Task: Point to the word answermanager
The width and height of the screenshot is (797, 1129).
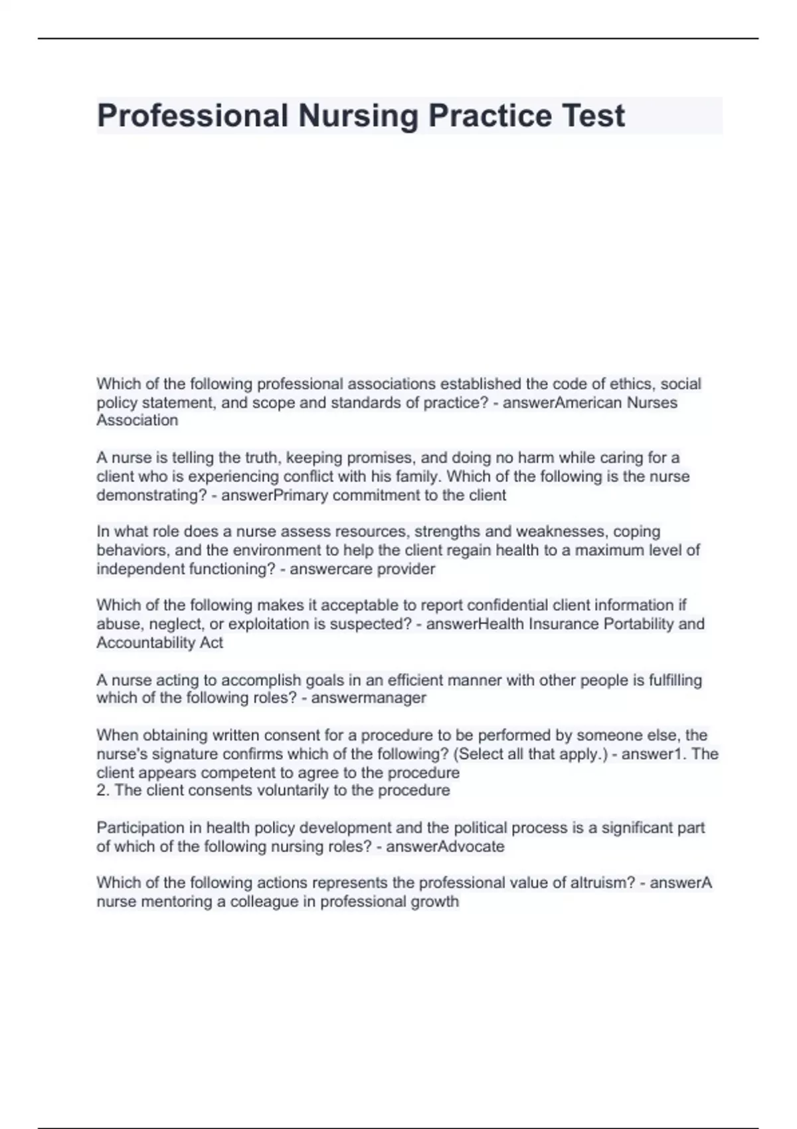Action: pos(369,697)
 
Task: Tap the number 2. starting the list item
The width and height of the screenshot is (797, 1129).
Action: pos(104,790)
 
